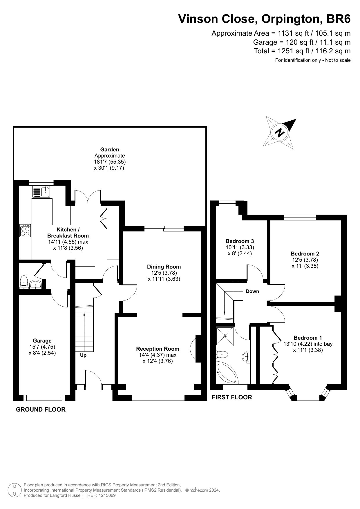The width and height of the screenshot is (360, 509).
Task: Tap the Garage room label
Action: (x=42, y=341)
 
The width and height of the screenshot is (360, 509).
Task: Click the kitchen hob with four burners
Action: (x=25, y=230)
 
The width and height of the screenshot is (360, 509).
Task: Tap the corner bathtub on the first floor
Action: (x=227, y=373)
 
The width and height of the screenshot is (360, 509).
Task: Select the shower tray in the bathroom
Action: (x=225, y=336)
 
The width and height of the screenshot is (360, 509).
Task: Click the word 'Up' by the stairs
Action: (x=83, y=355)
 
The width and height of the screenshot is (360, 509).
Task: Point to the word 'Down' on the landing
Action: (x=252, y=291)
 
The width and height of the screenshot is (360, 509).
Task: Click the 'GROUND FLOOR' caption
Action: (x=41, y=410)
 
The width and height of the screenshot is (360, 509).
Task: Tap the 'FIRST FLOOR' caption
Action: (x=232, y=397)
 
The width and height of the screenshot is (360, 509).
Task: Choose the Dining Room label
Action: (x=164, y=267)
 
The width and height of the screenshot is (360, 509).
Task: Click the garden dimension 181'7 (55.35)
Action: (x=110, y=162)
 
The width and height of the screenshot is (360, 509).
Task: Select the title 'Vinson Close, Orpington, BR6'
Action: (x=264, y=19)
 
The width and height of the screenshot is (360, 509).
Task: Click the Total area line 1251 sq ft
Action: (x=302, y=51)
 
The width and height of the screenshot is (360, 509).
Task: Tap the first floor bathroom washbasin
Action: (x=246, y=356)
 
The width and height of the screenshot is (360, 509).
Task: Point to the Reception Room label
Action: (x=158, y=349)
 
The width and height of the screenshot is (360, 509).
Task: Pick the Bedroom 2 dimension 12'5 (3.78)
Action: (x=305, y=260)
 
